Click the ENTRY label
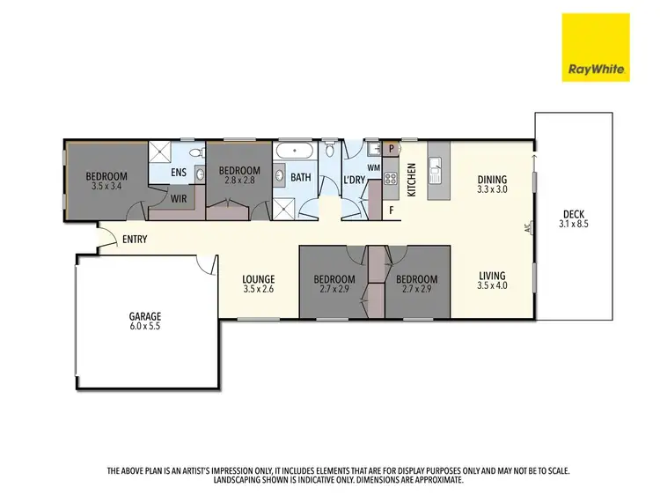coord(135,240)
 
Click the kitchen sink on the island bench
coord(434,164)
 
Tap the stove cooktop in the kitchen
coord(390,184)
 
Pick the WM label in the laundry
coord(372,167)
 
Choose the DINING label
coord(494,177)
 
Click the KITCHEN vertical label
coord(410,180)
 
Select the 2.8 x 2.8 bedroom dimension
coord(239,180)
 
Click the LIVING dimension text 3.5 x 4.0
coord(493,285)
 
